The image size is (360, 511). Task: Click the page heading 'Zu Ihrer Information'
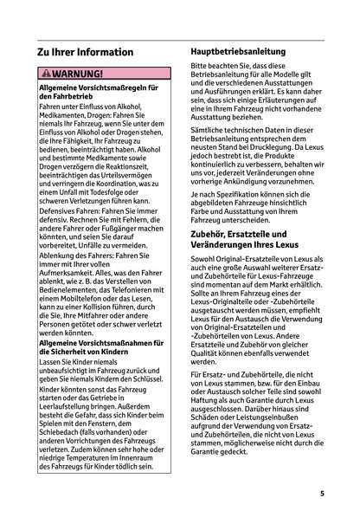tap(85, 52)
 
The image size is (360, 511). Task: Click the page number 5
tap(321, 494)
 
